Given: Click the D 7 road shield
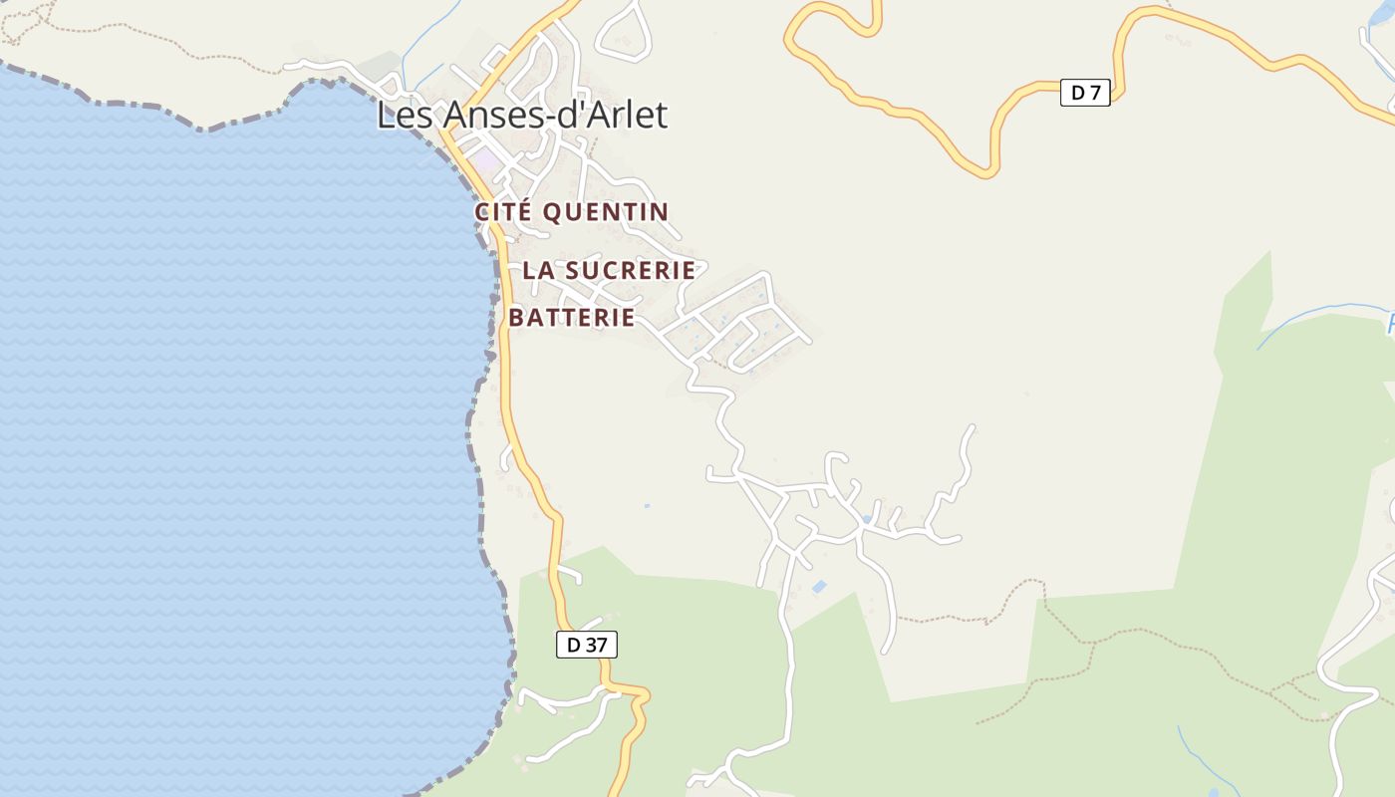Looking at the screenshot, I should (1084, 94).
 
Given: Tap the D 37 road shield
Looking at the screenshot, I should (586, 645).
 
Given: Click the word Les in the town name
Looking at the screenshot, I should (405, 115).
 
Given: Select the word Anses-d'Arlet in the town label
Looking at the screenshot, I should (554, 115).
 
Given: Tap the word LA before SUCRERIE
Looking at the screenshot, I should (538, 270).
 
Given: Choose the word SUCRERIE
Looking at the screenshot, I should (631, 270).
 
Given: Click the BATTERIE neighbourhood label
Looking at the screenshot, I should (572, 318).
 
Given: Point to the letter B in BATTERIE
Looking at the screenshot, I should (516, 318).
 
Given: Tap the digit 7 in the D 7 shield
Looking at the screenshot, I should (1095, 94).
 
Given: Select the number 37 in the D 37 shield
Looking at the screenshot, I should (595, 645).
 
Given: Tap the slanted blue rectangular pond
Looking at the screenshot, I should (819, 587).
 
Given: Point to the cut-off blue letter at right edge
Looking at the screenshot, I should (1390, 324).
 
